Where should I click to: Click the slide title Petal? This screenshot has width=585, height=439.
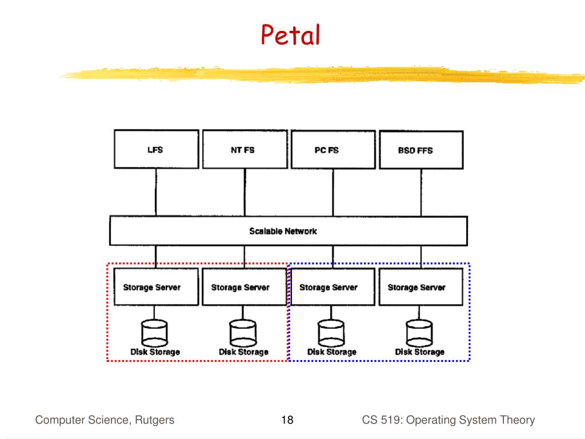pos(290,36)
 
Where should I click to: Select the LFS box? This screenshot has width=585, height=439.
pos(155,150)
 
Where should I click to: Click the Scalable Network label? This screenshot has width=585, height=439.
pos(283,231)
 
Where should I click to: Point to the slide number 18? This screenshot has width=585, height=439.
pos(287,421)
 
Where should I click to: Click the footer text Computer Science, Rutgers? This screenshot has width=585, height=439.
pos(105,421)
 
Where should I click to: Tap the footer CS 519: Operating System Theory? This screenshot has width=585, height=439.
pos(448,421)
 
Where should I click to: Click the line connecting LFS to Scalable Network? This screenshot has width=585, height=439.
pos(155,193)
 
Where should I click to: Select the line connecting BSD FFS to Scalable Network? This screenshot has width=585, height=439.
pos(421,193)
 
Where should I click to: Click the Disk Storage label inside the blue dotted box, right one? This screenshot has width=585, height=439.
pos(420,352)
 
